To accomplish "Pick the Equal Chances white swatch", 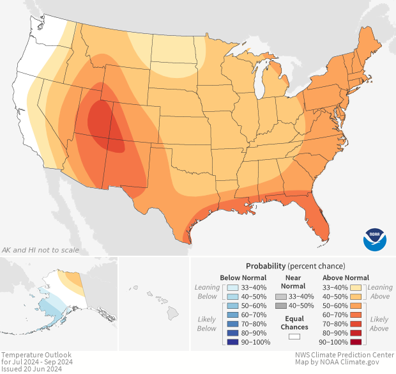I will click(x=294, y=336).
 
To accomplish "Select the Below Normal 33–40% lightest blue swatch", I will click(x=232, y=288).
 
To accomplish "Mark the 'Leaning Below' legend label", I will click(x=207, y=292).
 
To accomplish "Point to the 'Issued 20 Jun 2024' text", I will click(x=31, y=369).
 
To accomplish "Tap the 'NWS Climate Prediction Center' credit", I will click(x=344, y=355).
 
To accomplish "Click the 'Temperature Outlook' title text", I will click(x=36, y=355).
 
